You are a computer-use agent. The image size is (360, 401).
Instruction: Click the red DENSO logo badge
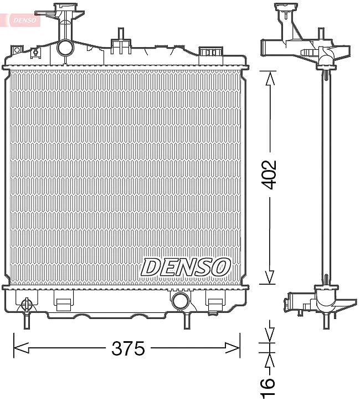click(x=23, y=20)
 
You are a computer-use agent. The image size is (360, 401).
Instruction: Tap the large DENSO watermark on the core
click(x=185, y=268)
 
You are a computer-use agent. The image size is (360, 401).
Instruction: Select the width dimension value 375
click(x=128, y=348)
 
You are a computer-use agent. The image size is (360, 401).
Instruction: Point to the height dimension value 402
click(x=269, y=175)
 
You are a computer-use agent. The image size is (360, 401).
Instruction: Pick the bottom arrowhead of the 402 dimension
click(x=270, y=277)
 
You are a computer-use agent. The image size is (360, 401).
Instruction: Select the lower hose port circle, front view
click(x=180, y=301)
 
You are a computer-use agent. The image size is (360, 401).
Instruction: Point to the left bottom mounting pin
click(x=26, y=321)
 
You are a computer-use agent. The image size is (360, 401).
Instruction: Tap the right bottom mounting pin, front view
click(x=187, y=321)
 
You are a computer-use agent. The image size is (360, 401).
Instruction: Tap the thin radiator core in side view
click(x=327, y=177)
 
